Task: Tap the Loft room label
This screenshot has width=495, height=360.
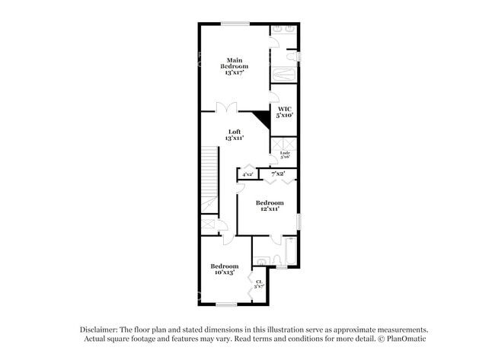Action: pos(235,135)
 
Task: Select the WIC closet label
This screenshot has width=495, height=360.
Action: pos(285,112)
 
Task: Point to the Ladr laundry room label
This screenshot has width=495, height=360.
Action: pos(285,155)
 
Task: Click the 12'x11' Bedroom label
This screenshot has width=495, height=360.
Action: pos(270,205)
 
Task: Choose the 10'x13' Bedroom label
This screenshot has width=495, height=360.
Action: pos(225,269)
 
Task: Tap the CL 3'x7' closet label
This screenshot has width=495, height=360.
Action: pos(259,284)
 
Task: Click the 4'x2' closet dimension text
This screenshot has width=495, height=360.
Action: pos(247,174)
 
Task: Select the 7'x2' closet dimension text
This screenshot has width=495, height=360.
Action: pos(279,174)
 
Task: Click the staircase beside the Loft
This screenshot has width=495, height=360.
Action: pos(209,180)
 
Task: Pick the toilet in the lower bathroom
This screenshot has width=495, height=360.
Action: pos(261,261)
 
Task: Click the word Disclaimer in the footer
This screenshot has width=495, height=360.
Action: pos(101,330)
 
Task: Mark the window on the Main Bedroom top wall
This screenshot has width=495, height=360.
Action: pos(235,24)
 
